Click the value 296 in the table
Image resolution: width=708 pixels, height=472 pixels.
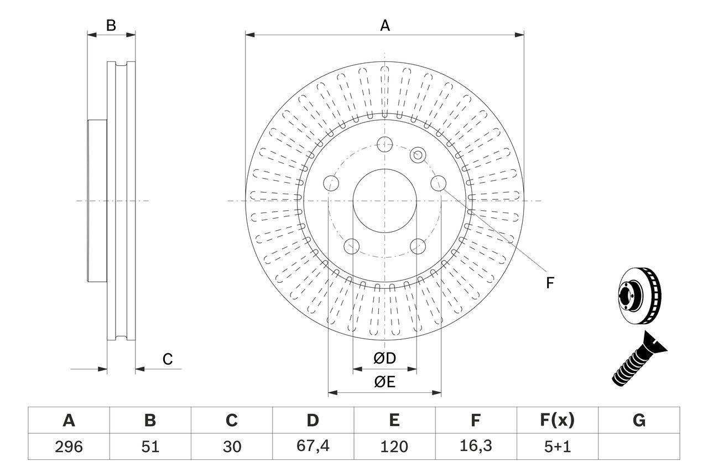tap(69, 447)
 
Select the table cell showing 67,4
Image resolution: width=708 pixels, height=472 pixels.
tap(313, 447)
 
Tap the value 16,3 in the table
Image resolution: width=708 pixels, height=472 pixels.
tap(475, 447)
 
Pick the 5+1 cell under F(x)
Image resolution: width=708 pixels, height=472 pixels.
tap(557, 447)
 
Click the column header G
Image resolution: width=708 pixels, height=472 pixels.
tap(639, 421)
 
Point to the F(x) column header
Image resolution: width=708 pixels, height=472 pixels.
tap(557, 421)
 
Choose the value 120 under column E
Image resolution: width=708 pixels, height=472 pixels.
tap(394, 447)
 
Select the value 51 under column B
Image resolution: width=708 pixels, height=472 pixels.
tap(150, 447)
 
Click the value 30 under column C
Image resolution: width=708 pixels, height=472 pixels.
tap(231, 447)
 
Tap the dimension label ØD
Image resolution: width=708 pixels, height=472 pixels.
tap(385, 359)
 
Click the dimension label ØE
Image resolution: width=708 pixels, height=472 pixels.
tap(385, 382)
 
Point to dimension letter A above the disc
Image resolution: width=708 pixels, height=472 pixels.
tap(384, 25)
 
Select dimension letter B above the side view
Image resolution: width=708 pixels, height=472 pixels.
tap(111, 25)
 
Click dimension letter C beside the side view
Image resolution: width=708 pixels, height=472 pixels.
tap(168, 359)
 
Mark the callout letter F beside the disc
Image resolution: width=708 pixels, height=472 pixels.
tap(550, 283)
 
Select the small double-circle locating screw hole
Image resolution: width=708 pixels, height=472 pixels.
tap(418, 155)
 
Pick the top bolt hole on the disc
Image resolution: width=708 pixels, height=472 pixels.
tap(384, 145)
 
